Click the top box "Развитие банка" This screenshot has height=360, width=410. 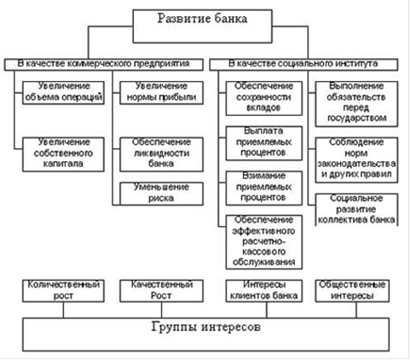pyautogui.click(x=202, y=26)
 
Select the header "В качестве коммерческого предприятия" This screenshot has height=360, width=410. pyautogui.click(x=104, y=65)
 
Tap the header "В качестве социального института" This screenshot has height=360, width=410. pyautogui.click(x=303, y=65)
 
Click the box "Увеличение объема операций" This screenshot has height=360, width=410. pyautogui.click(x=63, y=93)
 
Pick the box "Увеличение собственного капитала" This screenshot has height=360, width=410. pyautogui.click(x=63, y=154)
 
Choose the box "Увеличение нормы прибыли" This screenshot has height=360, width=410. pyautogui.click(x=161, y=93)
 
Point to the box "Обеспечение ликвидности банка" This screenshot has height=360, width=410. pyautogui.click(x=161, y=154)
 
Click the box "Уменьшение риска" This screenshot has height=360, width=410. pyautogui.click(x=161, y=194)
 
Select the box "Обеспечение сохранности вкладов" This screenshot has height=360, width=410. pyautogui.click(x=264, y=98)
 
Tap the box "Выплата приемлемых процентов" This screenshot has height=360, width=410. pyautogui.click(x=264, y=143)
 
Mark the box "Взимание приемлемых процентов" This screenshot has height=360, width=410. pyautogui.click(x=264, y=188)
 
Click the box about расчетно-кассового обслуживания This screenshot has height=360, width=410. pyautogui.click(x=264, y=242)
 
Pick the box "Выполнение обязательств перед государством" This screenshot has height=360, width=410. pyautogui.click(x=356, y=104)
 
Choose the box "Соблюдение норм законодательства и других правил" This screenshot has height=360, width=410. pyautogui.click(x=356, y=160)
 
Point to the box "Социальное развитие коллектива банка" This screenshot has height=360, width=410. pyautogui.click(x=356, y=210)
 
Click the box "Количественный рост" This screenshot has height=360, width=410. pyautogui.click(x=63, y=291)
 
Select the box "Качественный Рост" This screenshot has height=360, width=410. pyautogui.click(x=161, y=291)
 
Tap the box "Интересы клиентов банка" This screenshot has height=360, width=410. pyautogui.click(x=264, y=291)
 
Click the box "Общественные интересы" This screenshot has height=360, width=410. pyautogui.click(x=352, y=291)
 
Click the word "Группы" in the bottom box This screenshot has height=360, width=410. pyautogui.click(x=174, y=327)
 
